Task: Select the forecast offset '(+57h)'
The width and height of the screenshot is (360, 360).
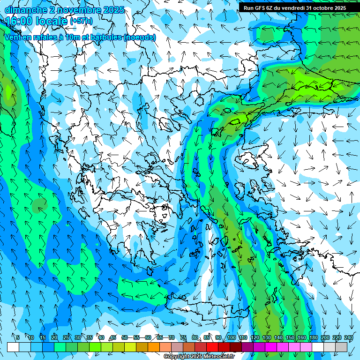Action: pos(81,21)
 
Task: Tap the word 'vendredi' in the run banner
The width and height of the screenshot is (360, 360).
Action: pos(292,8)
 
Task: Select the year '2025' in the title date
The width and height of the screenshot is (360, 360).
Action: pos(113,10)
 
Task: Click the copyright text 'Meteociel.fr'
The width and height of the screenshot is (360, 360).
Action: pos(218,357)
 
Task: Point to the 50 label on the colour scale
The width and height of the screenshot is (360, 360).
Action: pos(125,337)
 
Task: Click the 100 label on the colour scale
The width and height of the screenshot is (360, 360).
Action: pos(231,337)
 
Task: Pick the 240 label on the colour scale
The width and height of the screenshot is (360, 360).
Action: pos(348,337)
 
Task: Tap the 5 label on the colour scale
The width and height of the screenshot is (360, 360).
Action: pos(17,337)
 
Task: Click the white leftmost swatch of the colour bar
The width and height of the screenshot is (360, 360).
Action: pos(13,346)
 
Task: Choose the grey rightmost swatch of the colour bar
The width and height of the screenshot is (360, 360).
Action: pos(341,346)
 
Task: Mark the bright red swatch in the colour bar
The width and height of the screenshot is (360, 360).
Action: pos(212,346)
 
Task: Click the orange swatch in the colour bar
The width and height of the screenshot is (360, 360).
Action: pos(154,346)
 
